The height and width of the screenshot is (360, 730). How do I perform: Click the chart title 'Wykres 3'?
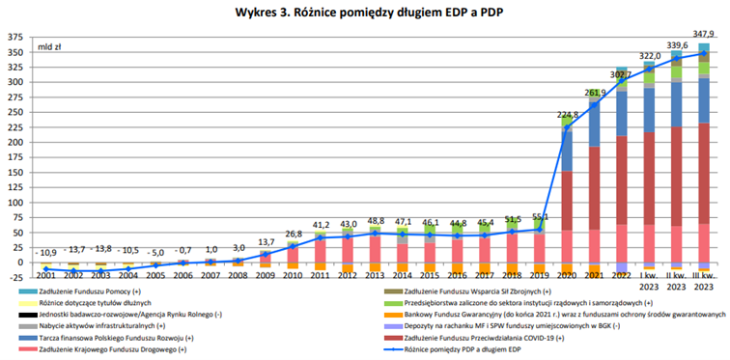(366, 13)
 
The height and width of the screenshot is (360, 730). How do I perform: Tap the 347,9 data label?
(704, 32)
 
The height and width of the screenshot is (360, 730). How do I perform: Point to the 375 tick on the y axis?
(14, 38)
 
